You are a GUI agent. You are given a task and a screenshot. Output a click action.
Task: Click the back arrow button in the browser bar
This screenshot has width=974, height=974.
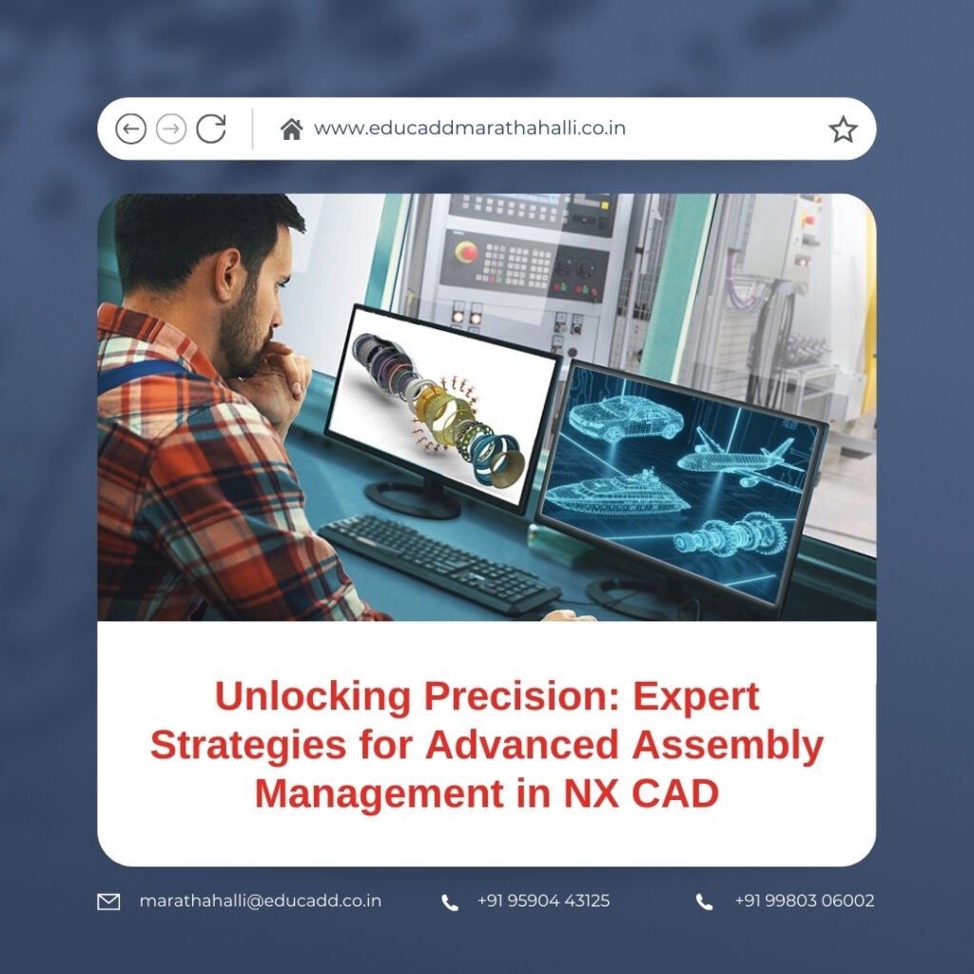tap(130, 128)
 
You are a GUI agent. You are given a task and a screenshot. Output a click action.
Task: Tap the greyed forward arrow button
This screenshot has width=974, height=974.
tap(170, 128)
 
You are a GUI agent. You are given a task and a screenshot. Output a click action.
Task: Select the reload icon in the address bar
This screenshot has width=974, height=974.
tap(211, 128)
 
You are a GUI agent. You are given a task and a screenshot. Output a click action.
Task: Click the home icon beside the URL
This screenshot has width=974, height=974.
tap(291, 128)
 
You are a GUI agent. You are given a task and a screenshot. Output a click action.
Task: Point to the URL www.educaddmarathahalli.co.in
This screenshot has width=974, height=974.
tap(469, 128)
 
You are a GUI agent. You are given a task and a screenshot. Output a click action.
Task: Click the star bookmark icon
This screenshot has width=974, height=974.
tap(843, 129)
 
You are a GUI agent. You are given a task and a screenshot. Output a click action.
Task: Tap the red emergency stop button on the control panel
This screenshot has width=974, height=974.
tap(467, 251)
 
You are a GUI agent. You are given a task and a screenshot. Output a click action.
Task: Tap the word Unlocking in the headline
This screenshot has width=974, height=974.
tap(312, 697)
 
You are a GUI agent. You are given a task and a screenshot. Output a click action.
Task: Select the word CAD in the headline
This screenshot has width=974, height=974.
tap(676, 793)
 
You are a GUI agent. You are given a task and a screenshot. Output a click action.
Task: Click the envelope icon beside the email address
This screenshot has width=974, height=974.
tap(108, 902)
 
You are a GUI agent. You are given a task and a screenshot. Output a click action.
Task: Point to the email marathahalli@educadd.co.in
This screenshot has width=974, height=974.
tap(260, 901)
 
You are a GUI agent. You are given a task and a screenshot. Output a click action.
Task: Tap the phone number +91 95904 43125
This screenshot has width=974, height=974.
tap(543, 901)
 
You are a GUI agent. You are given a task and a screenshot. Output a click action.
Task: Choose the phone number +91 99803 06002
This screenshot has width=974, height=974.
tap(804, 901)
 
